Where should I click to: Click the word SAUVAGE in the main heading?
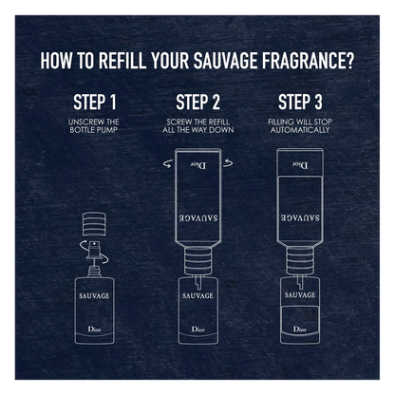point(225,61)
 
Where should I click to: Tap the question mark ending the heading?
point(349,61)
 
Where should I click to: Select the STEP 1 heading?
point(95,102)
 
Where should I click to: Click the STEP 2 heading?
point(197,102)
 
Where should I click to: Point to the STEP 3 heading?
point(300,102)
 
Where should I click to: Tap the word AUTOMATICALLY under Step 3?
point(300,130)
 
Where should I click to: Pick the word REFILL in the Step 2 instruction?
point(217,122)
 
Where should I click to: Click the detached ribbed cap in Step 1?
point(94,224)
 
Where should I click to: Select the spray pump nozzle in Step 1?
point(94,250)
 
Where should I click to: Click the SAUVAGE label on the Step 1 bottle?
point(94,296)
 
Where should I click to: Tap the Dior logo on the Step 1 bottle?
point(94,329)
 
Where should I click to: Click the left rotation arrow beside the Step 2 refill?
point(168,163)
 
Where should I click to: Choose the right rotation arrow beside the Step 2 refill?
point(228,163)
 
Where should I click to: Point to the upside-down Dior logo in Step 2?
point(198,164)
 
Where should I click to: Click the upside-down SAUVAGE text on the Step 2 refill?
point(198,218)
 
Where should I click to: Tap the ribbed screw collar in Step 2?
point(197,261)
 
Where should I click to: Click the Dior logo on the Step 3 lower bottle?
point(299,329)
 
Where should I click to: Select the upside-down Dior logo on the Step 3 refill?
point(300,164)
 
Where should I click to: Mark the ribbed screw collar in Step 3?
point(300,261)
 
